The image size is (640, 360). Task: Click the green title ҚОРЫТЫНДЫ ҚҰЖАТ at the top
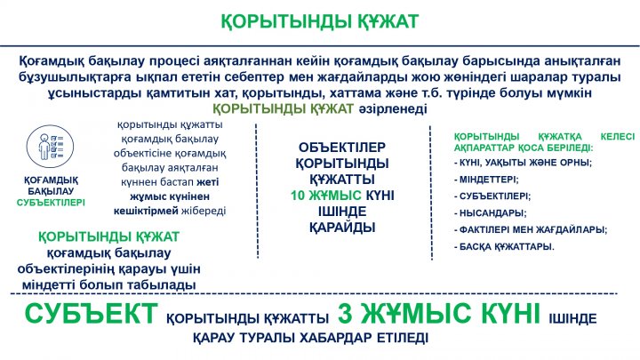click(x=320, y=21)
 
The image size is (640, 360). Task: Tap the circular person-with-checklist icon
click(x=50, y=146)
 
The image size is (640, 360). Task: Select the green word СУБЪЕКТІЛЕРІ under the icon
click(x=51, y=203)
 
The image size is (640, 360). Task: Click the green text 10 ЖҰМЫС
click(x=325, y=196)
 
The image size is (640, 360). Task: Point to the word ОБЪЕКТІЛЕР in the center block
click(x=342, y=148)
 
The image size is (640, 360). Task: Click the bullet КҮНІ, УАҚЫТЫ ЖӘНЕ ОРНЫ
click(x=523, y=163)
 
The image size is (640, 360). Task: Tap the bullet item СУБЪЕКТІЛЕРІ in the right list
click(x=492, y=196)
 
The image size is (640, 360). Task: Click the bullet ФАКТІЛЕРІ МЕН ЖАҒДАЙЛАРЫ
click(x=530, y=230)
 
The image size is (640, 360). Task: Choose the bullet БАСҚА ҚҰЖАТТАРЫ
click(x=504, y=247)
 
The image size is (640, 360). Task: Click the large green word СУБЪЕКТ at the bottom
click(x=91, y=314)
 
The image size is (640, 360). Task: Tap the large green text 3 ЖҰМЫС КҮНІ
click(x=439, y=314)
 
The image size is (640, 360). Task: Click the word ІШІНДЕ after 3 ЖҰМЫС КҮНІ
click(x=572, y=318)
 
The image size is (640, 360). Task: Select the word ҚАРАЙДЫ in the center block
click(x=342, y=228)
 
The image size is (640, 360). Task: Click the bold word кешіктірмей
click(x=146, y=211)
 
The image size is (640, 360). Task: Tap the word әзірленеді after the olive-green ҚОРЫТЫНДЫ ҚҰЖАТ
click(x=393, y=109)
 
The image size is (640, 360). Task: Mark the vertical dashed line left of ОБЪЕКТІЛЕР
click(x=257, y=191)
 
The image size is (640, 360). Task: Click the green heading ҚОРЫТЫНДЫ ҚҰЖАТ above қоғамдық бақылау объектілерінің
click(x=108, y=236)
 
